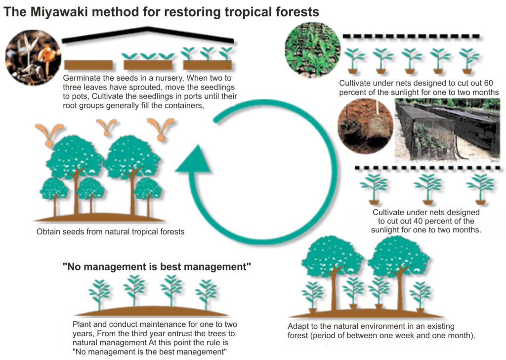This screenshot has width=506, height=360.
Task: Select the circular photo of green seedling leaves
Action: (312, 49)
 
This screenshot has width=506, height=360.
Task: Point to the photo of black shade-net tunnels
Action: (447, 130)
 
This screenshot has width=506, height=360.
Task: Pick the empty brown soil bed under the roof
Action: (88, 65)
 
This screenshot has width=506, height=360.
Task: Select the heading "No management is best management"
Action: (157, 268)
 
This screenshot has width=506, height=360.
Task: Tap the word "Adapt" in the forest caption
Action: (298, 326)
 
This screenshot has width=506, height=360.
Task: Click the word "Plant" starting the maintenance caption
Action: (81, 324)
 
